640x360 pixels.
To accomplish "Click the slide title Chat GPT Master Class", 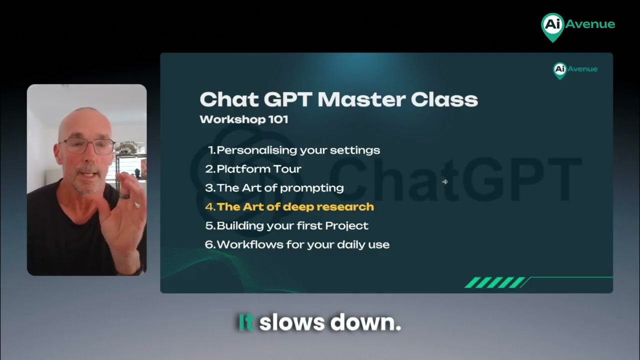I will click(x=338, y=99).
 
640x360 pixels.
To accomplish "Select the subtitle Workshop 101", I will click(x=243, y=119).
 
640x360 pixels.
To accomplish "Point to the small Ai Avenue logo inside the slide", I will click(x=575, y=69).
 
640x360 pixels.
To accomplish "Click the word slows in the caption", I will click(x=291, y=323).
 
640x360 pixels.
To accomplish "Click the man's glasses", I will click(x=88, y=146).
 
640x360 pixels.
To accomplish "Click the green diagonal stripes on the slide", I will click(x=495, y=282).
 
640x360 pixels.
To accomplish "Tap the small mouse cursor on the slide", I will click(x=445, y=182).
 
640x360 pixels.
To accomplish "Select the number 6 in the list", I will click(x=209, y=245).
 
